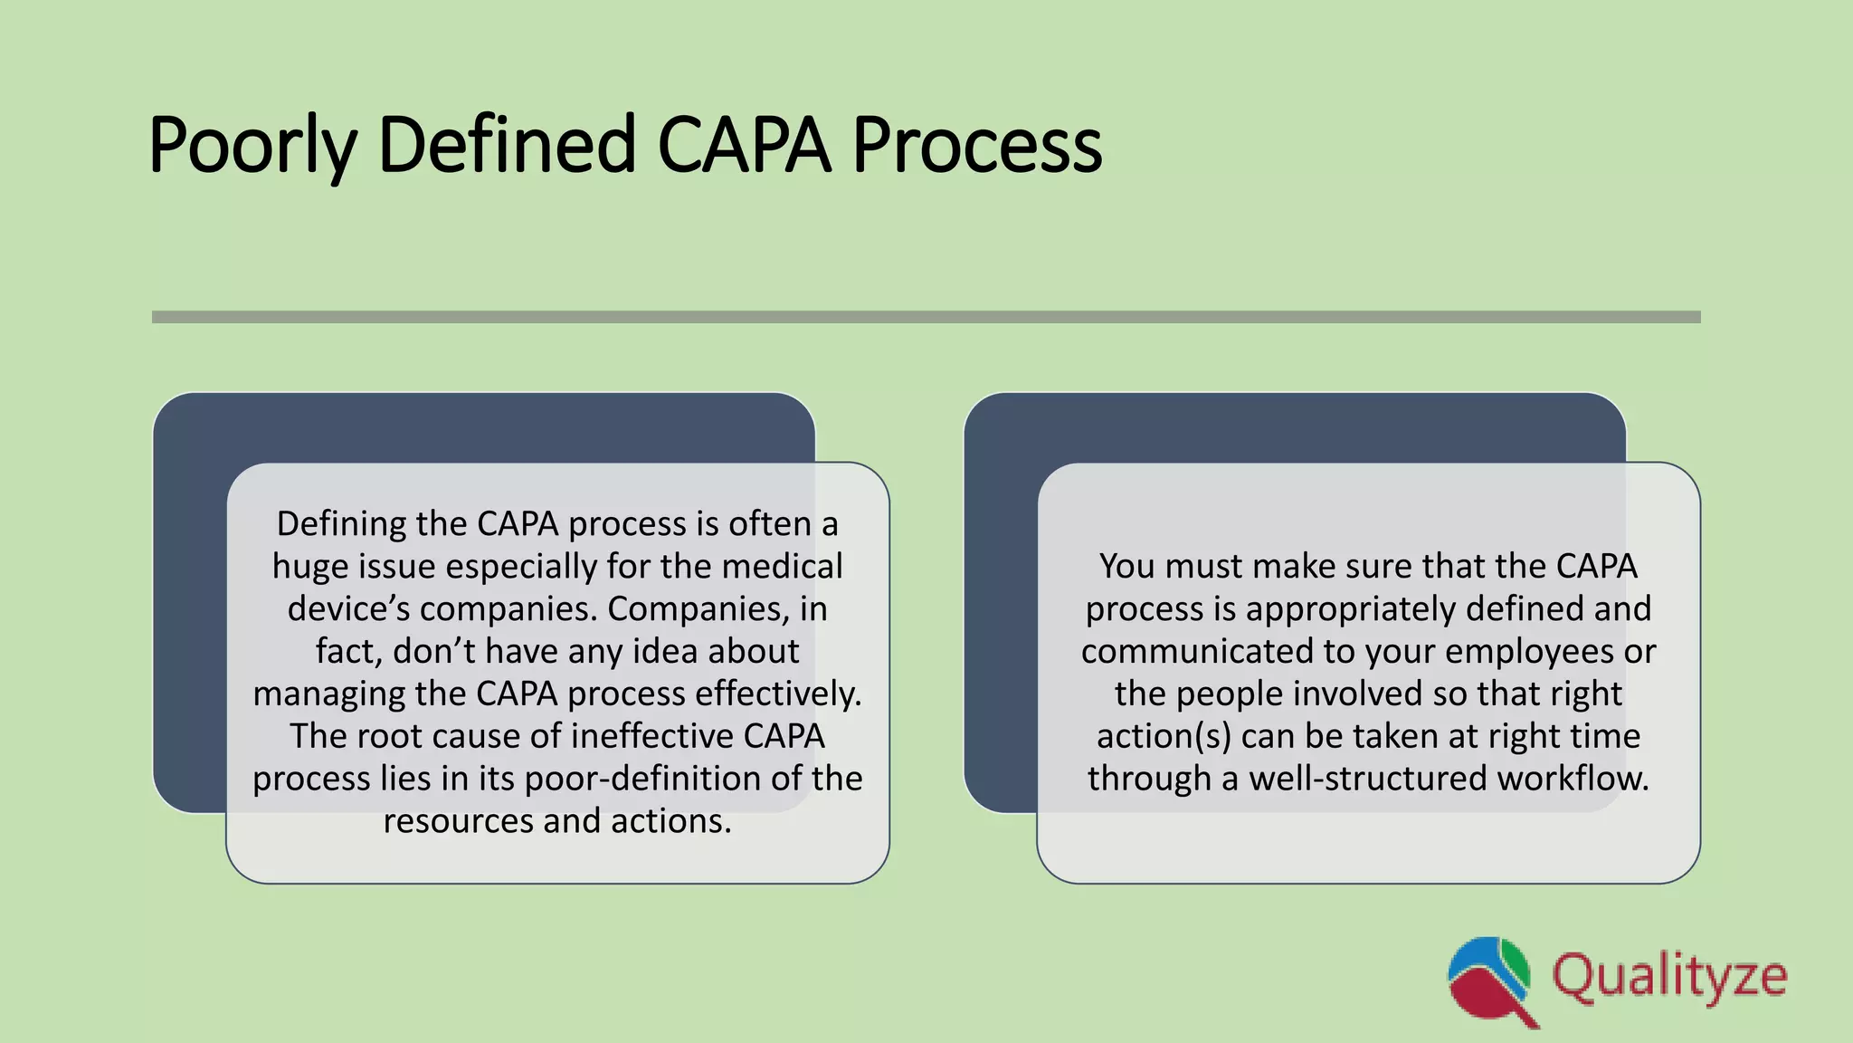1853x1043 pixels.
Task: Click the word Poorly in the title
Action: (252, 145)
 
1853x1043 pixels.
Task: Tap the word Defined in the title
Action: (507, 145)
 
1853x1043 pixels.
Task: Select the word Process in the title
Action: (976, 145)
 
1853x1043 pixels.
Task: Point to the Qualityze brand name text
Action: (1669, 978)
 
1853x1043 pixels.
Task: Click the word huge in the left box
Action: (310, 567)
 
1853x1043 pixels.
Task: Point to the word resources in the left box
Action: (458, 821)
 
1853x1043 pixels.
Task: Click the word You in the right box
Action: (1126, 567)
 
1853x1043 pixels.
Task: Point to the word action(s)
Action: (1164, 736)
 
